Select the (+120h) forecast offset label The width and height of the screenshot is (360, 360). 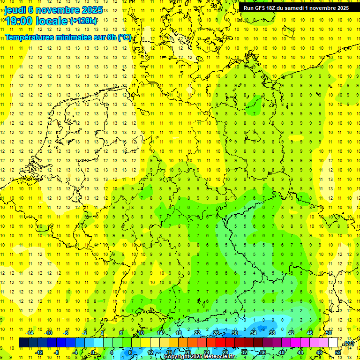point(83,21)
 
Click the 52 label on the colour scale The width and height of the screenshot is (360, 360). point(338,352)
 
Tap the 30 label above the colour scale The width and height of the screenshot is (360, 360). point(235,333)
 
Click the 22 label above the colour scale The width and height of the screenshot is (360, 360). point(197,333)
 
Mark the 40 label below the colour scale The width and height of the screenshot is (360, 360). point(282,352)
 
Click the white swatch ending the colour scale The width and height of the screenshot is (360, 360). point(333,343)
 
